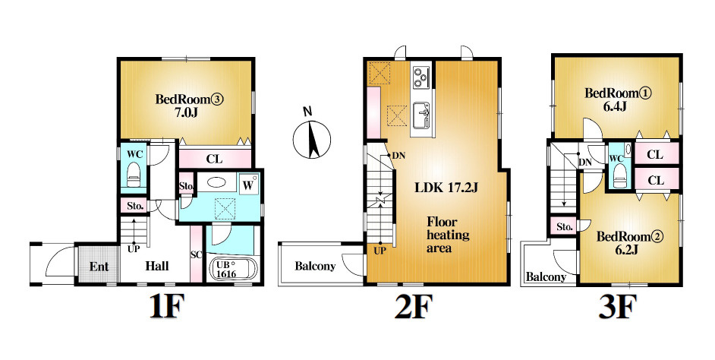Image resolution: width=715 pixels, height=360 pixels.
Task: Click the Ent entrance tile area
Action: coord(98,265)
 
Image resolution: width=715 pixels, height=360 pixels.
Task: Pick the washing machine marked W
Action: coord(248,185)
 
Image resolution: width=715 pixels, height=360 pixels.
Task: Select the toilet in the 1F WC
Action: coord(133,174)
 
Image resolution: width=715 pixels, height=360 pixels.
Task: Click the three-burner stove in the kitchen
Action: coord(422,78)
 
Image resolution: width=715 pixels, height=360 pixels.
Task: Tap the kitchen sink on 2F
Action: coord(423,115)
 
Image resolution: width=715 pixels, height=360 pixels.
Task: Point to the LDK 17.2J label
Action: coord(446,187)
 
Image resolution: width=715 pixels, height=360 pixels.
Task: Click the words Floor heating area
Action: coord(448,235)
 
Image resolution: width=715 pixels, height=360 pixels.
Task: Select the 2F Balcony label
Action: coord(315,266)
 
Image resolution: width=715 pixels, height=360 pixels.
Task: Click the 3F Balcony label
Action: coord(546,276)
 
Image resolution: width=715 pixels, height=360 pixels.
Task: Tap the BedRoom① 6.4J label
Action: coord(619,99)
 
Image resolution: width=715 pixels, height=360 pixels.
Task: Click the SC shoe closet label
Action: coord(196,254)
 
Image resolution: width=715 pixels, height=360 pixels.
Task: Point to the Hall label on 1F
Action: coord(157,266)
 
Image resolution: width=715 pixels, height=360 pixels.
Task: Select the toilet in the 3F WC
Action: coord(620,175)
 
